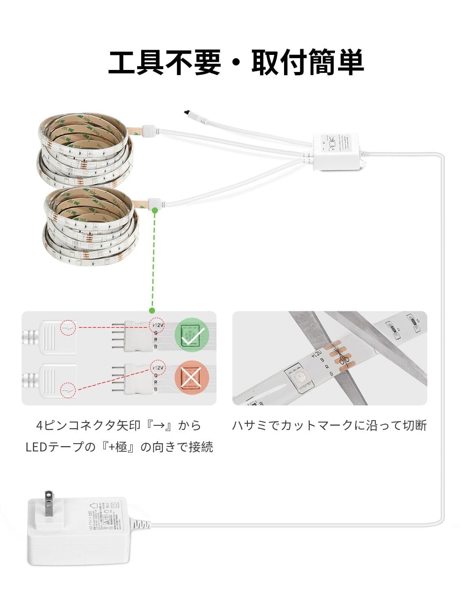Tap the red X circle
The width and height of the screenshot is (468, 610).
pos(192,377)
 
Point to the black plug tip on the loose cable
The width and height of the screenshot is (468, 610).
pos(187,111)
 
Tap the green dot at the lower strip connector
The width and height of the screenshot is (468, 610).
pos(155,210)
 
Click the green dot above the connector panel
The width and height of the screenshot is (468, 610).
pos(152,311)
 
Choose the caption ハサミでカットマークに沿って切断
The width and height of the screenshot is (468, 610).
pos(329,426)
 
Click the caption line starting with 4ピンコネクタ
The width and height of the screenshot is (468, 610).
pos(119,426)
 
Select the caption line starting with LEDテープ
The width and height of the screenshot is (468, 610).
pos(119,447)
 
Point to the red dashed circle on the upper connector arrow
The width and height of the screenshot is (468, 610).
pos(68,327)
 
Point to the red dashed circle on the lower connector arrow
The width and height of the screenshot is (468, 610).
pos(68,390)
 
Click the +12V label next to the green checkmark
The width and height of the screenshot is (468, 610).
pos(157,325)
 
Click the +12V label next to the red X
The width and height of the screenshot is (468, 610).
pos(157,367)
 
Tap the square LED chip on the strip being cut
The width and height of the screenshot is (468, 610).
pos(297,380)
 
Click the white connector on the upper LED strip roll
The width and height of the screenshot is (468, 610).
pos(149,131)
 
